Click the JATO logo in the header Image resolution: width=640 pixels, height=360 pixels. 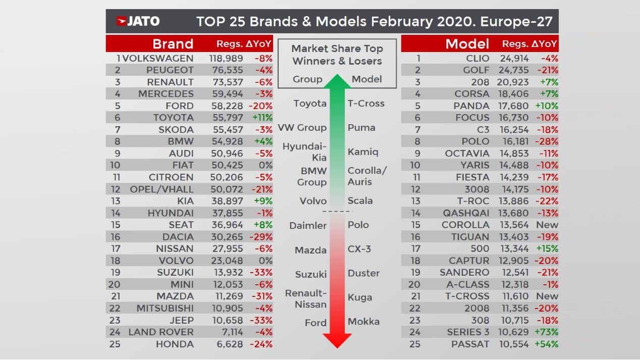coord(138,21)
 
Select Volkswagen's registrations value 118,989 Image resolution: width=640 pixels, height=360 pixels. coord(226,58)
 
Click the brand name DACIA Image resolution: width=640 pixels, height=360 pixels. coord(178,237)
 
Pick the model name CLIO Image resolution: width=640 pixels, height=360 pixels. coord(477,58)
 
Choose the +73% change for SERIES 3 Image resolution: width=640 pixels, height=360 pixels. coord(546,332)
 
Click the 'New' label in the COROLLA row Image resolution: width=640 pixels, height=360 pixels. coord(547,225)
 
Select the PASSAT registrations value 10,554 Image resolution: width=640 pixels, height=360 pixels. coord(514,344)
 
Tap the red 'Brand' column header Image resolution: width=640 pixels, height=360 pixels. coord(173,43)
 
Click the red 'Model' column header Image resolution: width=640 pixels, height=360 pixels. coord(467,43)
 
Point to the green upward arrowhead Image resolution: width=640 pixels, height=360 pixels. coord(337,81)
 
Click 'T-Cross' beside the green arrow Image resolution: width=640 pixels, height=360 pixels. coord(366,104)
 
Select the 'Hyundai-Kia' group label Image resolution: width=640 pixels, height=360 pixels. coord(305,152)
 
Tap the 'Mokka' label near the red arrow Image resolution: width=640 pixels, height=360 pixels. coord(363,322)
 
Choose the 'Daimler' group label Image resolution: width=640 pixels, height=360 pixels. coord(308,226)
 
